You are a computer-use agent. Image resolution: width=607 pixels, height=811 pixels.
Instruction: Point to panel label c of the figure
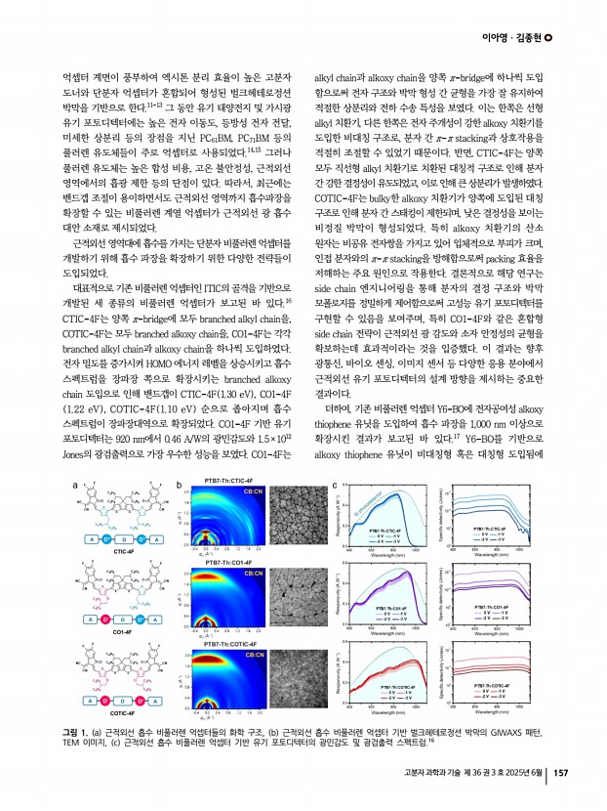click(x=335, y=484)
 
